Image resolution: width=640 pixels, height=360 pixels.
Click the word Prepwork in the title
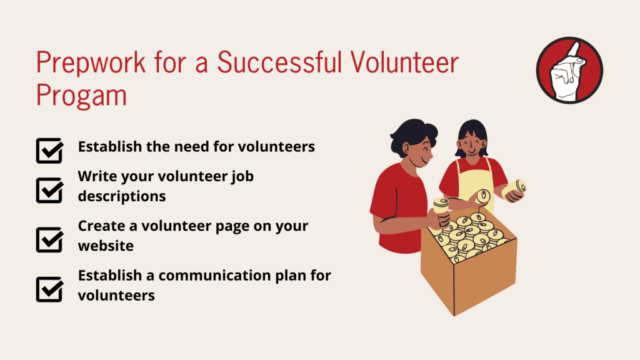(91, 63)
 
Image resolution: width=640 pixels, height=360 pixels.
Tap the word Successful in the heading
(279, 62)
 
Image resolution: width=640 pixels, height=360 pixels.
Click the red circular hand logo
(569, 70)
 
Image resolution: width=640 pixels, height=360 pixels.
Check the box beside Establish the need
(49, 151)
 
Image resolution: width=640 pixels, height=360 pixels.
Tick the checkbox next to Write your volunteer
(49, 190)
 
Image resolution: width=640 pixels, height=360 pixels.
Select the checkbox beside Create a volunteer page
(49, 239)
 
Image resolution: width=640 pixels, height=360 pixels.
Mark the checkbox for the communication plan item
(49, 289)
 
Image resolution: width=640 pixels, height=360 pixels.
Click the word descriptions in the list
(122, 196)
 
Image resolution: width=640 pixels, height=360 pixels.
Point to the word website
(106, 246)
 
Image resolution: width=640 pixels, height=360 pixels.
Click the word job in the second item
(242, 177)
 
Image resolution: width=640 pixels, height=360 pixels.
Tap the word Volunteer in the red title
(404, 62)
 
